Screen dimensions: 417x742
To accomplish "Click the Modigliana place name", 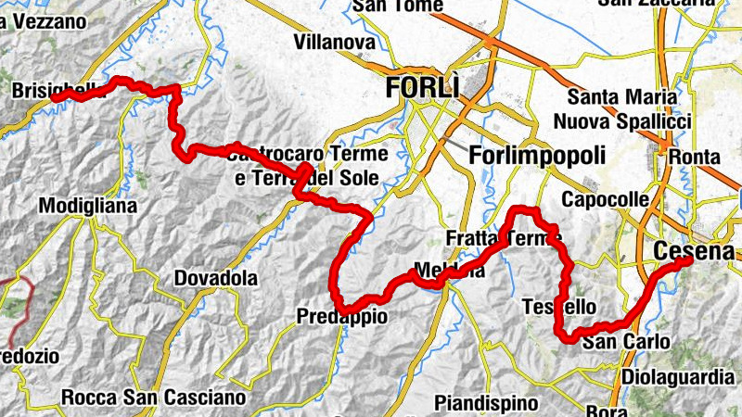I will pos(87,207).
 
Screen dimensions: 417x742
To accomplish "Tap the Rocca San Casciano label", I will pos(153,398).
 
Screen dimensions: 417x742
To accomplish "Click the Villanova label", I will pos(335,43).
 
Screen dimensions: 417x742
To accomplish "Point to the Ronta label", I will pos(699,158).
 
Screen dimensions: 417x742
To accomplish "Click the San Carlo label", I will pos(626,342).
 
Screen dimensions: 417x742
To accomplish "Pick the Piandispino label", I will pos(486,403).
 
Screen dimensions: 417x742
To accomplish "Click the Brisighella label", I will pos(54,90).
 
